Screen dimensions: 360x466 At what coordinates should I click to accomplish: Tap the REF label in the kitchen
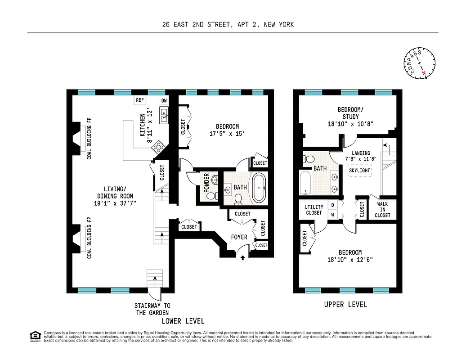(x=140, y=100)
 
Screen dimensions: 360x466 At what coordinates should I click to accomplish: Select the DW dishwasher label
(x=164, y=100)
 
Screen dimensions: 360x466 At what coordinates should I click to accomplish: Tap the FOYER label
(x=239, y=237)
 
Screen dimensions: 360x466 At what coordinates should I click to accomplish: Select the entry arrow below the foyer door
(x=243, y=258)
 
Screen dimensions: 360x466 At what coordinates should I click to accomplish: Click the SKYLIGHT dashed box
(x=359, y=171)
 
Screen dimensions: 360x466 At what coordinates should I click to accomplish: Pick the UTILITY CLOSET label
(x=314, y=209)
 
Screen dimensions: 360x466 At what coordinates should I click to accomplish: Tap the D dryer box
(x=332, y=205)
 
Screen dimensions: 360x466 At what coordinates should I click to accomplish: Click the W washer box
(x=332, y=215)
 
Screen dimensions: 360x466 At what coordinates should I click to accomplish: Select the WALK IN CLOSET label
(x=382, y=209)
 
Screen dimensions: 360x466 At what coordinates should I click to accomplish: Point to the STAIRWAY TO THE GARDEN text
(x=152, y=309)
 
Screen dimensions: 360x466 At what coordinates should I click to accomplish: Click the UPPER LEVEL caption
(x=345, y=305)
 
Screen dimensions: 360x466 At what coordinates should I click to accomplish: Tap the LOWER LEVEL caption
(x=183, y=321)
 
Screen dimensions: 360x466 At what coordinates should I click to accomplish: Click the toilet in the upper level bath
(x=309, y=159)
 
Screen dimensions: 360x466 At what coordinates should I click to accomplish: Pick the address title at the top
(x=228, y=25)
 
